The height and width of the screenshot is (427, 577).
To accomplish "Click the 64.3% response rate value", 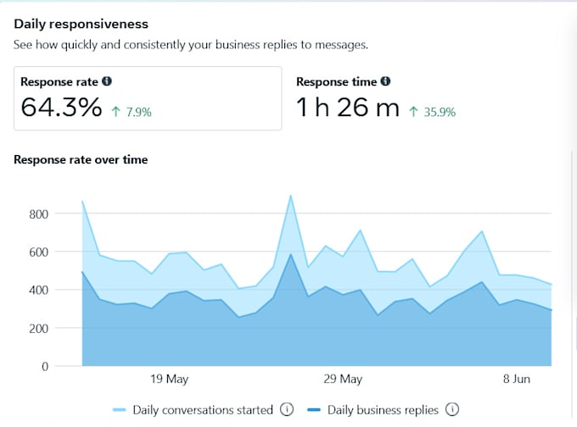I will [61, 108].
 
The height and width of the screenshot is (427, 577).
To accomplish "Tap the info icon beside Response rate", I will [107, 82].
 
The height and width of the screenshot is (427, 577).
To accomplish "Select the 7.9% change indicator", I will [132, 111].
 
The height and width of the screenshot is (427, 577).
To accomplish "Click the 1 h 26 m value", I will [347, 108].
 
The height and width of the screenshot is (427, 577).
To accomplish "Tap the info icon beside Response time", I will [385, 82].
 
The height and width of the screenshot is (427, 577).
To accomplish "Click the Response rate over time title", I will [81, 159].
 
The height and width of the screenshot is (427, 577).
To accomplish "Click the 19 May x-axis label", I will [169, 380].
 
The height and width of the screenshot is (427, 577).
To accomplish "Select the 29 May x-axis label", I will [343, 380].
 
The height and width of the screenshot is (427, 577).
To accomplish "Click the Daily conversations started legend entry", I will [202, 410].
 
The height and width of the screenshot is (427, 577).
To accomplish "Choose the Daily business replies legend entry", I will [382, 410].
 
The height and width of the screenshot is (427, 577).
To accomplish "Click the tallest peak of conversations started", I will [291, 196].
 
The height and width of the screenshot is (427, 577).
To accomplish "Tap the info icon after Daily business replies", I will [452, 410].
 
